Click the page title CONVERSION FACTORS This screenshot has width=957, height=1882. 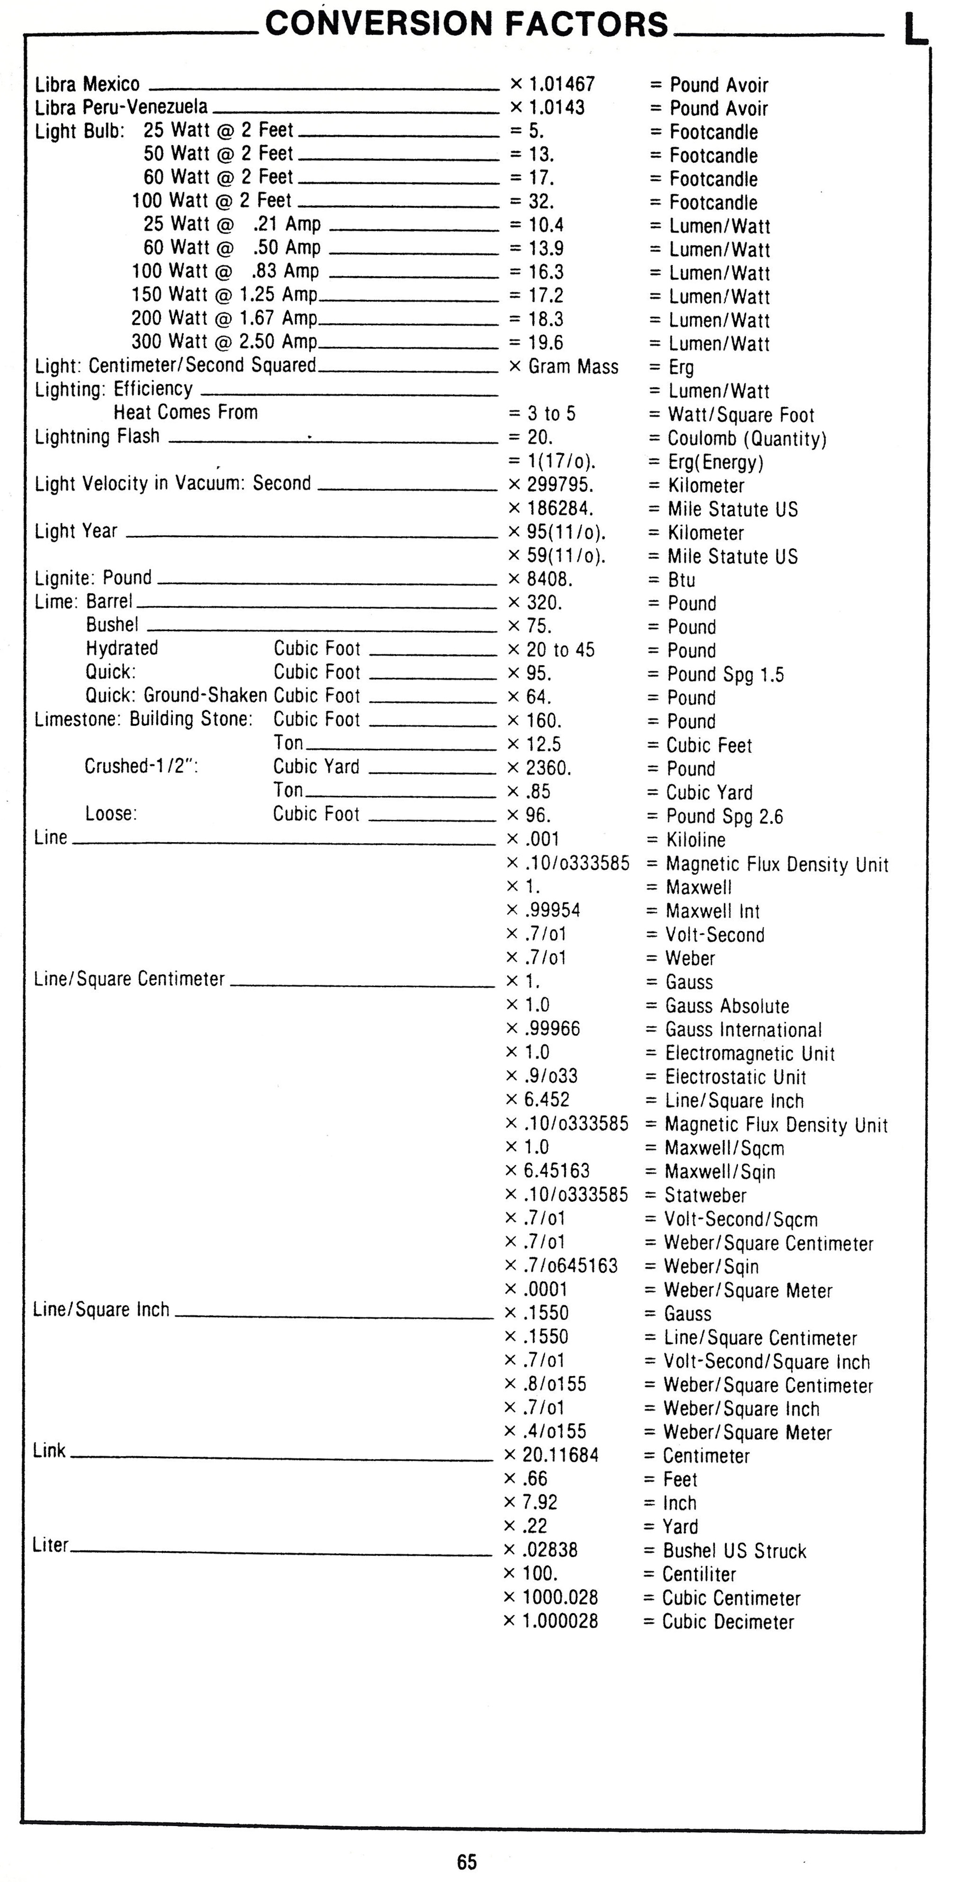point(466,24)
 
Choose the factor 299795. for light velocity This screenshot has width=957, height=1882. point(560,485)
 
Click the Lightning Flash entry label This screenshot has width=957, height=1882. point(97,436)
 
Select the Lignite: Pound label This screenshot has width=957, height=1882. point(93,578)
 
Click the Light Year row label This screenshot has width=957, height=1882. point(76,531)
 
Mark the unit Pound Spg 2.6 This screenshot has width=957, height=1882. point(724,816)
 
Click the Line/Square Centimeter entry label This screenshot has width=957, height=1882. point(129,979)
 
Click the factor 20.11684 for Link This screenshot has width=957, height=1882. point(560,1455)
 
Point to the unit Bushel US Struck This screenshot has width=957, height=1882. point(734,1550)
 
